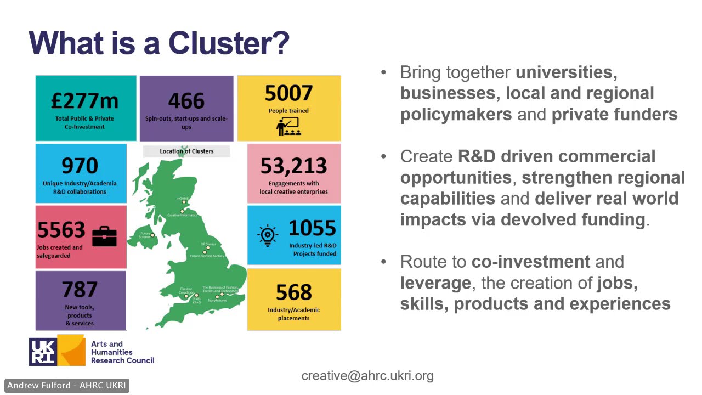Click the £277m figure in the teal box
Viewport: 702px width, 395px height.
(x=85, y=101)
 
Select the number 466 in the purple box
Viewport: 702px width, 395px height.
(x=186, y=101)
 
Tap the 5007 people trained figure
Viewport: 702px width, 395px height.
(x=288, y=94)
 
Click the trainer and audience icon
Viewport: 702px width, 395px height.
(x=288, y=127)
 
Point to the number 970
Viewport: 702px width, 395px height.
(x=80, y=166)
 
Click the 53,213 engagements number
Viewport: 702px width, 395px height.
(x=293, y=166)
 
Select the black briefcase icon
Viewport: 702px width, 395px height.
(x=104, y=236)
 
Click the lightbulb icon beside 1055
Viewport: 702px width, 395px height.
(x=267, y=235)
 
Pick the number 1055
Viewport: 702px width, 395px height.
(x=312, y=228)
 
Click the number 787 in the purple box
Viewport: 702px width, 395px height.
(x=80, y=289)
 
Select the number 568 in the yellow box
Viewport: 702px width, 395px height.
(x=294, y=293)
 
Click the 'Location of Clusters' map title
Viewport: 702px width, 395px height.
(x=186, y=151)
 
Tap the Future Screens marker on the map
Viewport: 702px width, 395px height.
(x=153, y=235)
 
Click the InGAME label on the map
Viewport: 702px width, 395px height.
(x=183, y=198)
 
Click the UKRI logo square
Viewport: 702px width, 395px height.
(x=43, y=352)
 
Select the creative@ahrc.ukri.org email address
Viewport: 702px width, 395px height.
(x=367, y=376)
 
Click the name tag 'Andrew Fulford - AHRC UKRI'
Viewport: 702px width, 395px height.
(x=66, y=386)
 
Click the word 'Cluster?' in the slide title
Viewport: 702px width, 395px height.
(x=229, y=43)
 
